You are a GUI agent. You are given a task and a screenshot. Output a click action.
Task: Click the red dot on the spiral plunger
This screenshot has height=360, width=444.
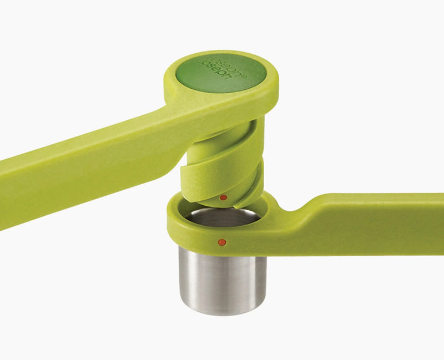[223, 197]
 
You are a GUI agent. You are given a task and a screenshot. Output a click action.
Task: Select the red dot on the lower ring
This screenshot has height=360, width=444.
[221, 242]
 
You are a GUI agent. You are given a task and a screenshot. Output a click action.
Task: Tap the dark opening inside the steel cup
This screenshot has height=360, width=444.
[222, 216]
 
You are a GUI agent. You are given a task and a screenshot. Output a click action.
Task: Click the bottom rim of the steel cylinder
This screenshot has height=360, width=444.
[222, 312]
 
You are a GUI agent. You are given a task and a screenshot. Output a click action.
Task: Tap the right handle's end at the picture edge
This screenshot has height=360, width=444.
[441, 216]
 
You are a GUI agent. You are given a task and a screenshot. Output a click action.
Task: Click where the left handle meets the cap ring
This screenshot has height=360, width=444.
[167, 111]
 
